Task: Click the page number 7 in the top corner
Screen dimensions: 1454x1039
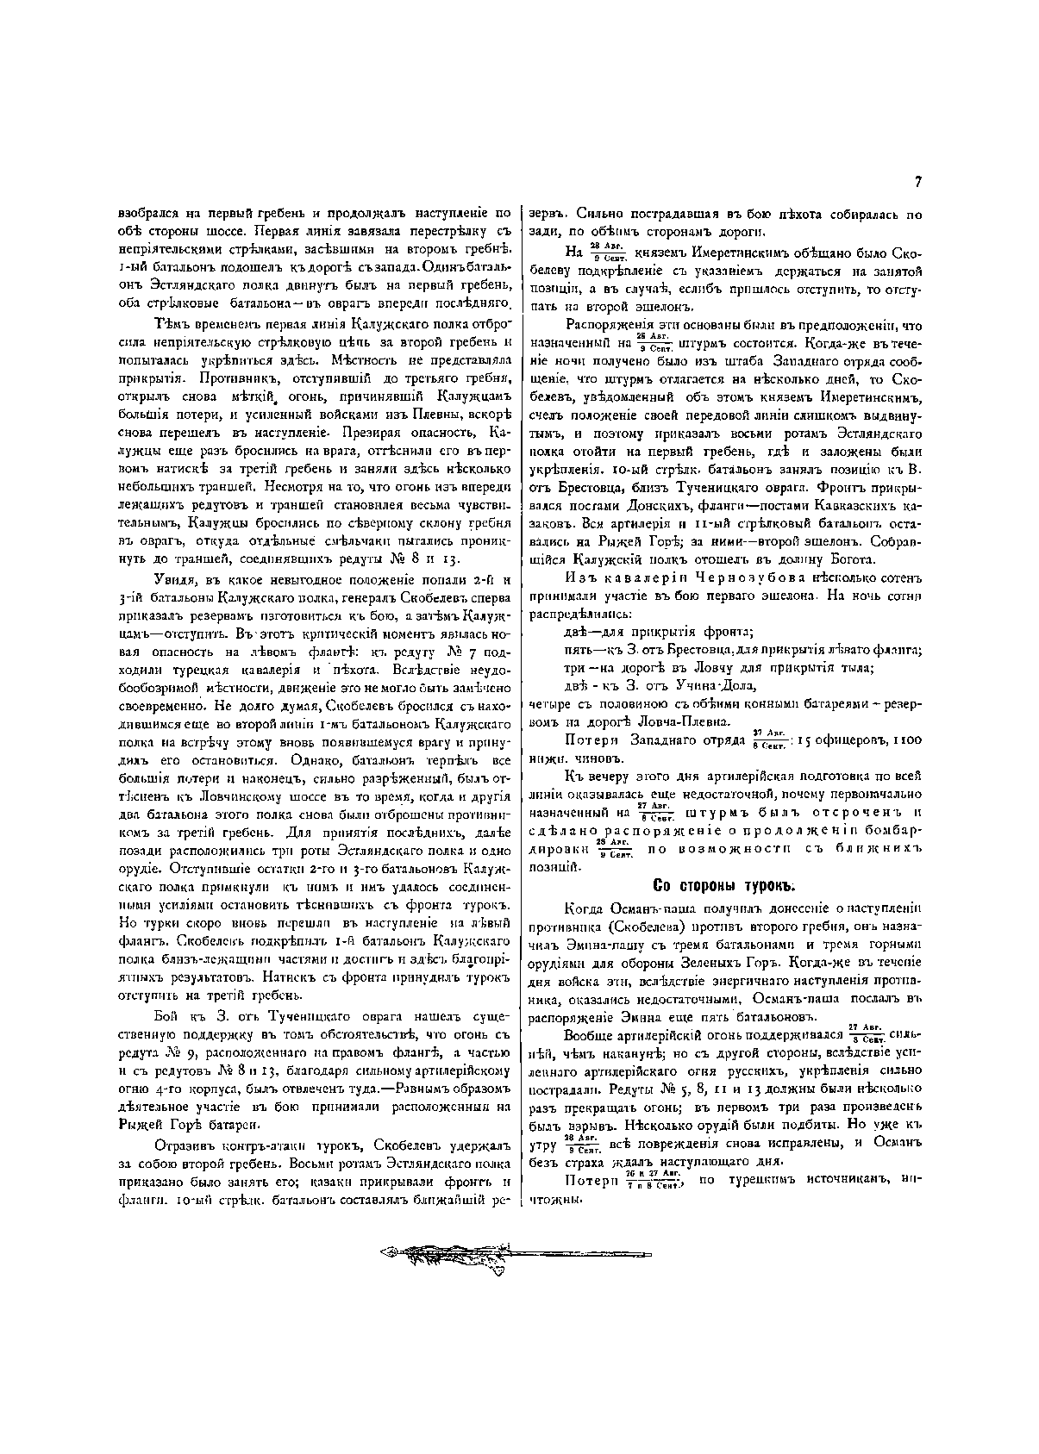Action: (x=918, y=182)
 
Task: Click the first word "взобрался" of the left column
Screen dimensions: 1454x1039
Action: (x=143, y=211)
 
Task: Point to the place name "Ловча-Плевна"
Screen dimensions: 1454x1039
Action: (x=688, y=721)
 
